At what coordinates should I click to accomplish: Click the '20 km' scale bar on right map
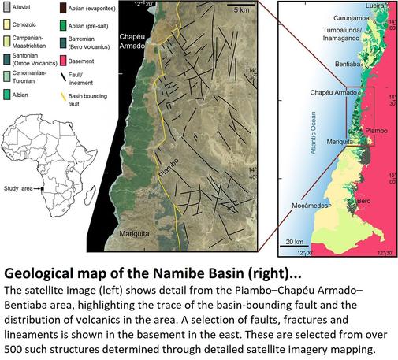tap(296, 241)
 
